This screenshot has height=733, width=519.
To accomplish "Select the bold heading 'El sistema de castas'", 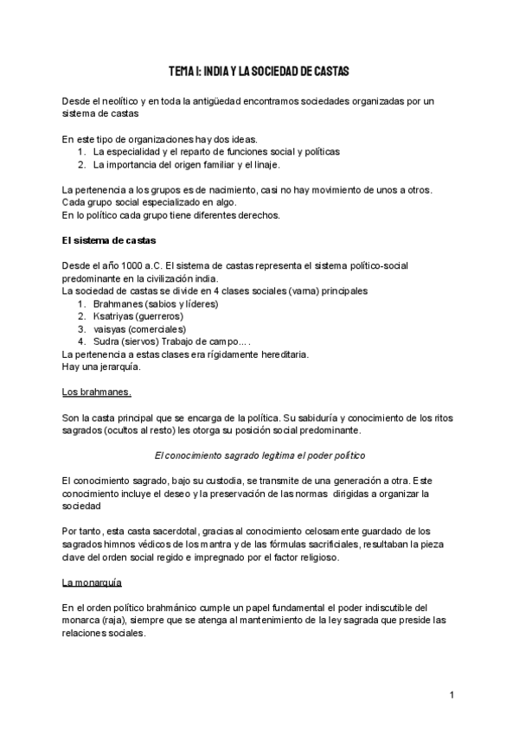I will pos(108,239).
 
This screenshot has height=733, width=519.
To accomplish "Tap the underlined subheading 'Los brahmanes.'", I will pos(97,392).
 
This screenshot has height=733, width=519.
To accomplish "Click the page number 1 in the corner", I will pos(452,695).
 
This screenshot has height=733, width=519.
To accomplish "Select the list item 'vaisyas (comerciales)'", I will pos(141,328).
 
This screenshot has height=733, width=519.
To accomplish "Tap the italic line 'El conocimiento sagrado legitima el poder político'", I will pos(259,456).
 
